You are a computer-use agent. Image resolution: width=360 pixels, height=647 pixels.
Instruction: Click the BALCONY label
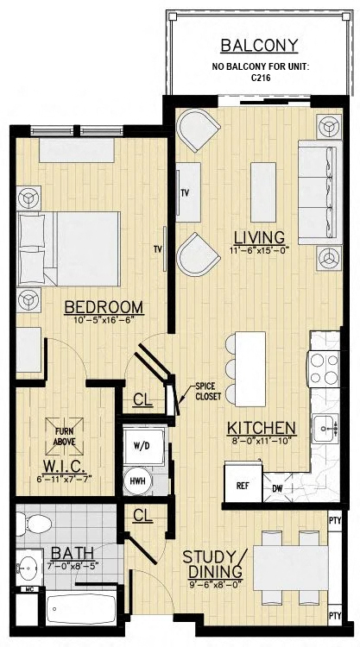coord(259,46)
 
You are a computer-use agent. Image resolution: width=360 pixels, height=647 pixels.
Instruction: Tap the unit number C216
coord(261,77)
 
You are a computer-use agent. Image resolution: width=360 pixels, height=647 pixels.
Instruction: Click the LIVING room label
coord(259,238)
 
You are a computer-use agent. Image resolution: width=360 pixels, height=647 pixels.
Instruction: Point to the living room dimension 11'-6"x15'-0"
coord(259,249)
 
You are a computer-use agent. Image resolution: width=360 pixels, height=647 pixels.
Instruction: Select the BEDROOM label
coord(104,307)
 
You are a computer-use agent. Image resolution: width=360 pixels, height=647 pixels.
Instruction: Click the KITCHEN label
coord(262,428)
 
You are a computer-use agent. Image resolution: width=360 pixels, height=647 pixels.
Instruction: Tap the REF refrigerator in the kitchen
coord(243,483)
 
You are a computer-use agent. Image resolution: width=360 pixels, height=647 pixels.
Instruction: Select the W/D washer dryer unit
coord(145,447)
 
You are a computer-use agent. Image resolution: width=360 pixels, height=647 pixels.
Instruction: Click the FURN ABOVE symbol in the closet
coord(64,437)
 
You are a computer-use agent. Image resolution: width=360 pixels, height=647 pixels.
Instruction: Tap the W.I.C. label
coord(64,468)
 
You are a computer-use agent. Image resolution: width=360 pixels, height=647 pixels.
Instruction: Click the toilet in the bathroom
coord(34,524)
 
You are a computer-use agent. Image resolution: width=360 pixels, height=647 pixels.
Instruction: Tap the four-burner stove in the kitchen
coord(325,369)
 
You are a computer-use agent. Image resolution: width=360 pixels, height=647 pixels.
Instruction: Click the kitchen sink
coord(325,428)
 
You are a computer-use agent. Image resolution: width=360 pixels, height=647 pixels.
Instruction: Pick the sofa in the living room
coord(320,192)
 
